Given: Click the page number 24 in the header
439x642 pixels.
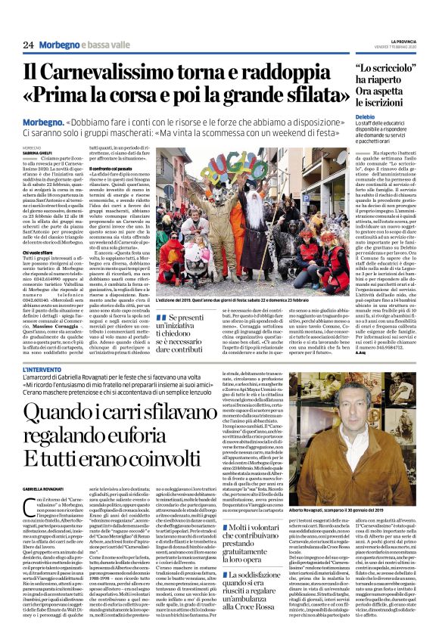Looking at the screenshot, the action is [28, 45].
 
